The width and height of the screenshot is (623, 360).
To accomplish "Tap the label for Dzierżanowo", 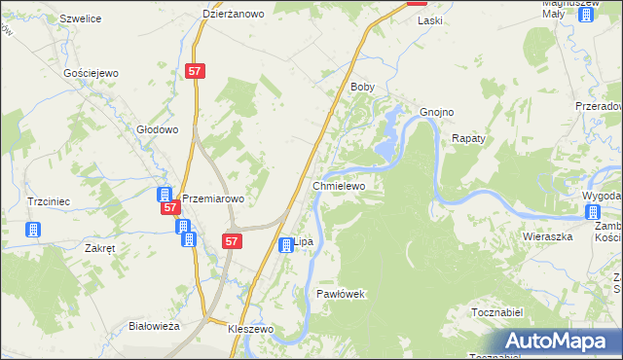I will click(235, 14).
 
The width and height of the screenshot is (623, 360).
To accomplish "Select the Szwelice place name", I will click(81, 18).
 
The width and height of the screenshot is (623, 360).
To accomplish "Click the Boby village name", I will click(362, 87).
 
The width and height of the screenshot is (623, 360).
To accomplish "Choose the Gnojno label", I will click(436, 111).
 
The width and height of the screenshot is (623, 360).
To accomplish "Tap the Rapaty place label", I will click(468, 138).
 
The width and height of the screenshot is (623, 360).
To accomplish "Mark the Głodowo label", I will click(158, 129).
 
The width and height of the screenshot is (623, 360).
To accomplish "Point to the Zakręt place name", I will click(100, 248).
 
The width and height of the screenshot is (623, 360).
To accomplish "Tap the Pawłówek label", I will click(340, 293).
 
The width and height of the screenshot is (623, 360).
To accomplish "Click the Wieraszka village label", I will click(545, 235).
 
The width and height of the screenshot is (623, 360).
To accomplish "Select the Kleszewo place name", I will click(251, 330).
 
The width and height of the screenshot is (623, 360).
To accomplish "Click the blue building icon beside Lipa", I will click(286, 245).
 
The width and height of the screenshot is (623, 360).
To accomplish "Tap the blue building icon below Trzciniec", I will click(33, 230).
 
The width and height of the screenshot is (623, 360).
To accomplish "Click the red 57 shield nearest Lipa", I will click(232, 239).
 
